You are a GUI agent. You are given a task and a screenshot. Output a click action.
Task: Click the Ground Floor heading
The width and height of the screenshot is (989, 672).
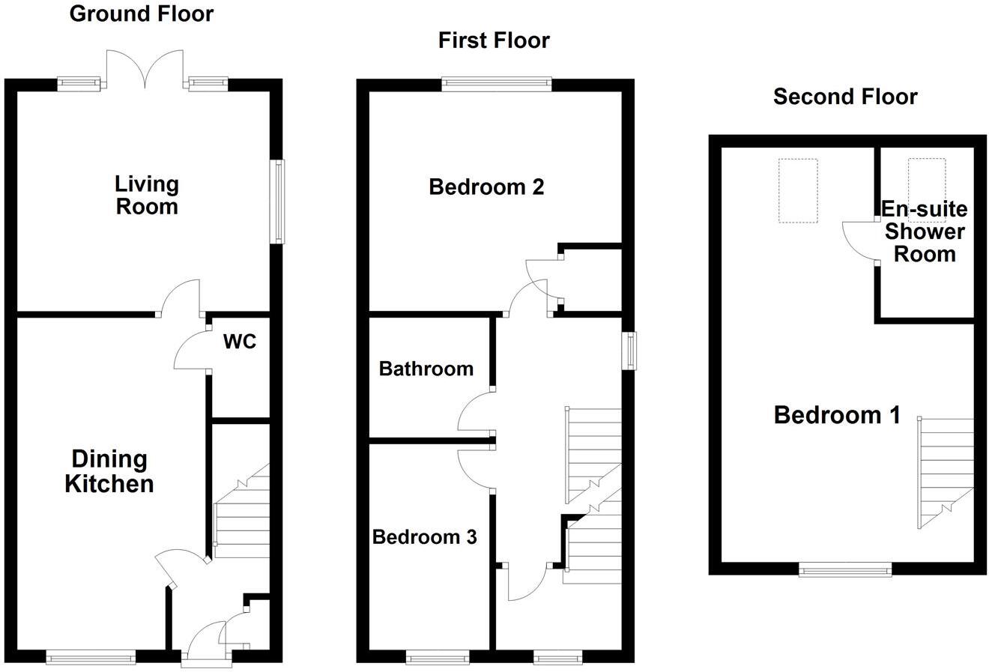141,13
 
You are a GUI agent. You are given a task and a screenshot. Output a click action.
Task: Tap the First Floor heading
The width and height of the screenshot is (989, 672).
494,40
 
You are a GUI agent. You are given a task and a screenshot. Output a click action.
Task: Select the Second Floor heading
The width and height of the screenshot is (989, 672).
845,97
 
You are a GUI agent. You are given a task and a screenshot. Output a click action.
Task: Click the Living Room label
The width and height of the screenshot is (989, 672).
146,195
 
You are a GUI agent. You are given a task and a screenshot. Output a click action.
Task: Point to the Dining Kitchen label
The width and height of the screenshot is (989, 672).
109,471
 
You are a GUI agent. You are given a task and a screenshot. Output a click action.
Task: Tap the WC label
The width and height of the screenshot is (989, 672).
240,342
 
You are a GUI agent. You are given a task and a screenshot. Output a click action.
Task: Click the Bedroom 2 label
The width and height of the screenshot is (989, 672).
486,187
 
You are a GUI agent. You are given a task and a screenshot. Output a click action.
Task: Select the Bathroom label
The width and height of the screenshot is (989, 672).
426,369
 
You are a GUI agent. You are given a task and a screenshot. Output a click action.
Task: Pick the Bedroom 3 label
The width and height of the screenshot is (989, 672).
424,537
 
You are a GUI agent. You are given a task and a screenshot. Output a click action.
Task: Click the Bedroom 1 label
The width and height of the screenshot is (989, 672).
837,414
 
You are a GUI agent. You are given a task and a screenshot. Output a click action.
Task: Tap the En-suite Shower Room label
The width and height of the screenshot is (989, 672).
925,231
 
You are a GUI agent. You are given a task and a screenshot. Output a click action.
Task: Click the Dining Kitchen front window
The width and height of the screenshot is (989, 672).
91,657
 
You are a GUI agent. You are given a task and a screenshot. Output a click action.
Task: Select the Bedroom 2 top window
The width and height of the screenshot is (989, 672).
497,84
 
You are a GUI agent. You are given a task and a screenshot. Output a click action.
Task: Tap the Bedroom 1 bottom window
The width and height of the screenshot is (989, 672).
845,570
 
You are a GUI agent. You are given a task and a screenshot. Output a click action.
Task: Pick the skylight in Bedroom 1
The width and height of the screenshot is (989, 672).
797,190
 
